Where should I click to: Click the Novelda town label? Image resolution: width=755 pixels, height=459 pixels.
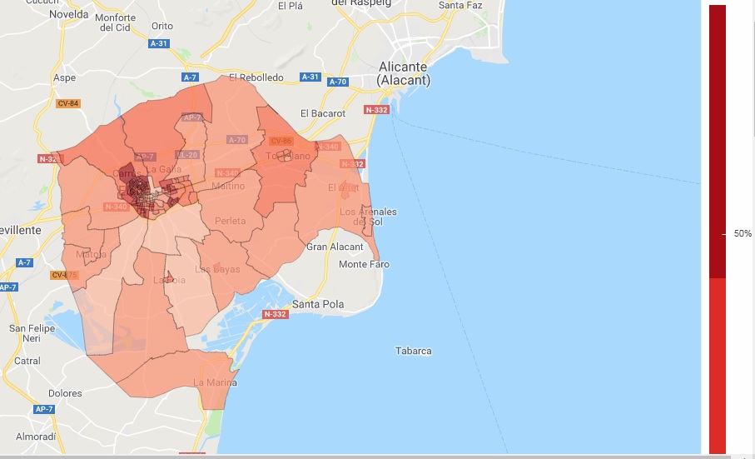click(69, 14)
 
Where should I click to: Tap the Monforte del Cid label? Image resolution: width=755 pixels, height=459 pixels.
click(116, 22)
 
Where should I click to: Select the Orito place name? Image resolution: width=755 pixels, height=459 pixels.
click(162, 26)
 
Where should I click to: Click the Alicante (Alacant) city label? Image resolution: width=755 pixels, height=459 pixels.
click(403, 73)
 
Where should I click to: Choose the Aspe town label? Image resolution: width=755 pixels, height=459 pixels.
click(64, 77)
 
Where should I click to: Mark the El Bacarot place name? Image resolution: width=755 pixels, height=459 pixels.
click(322, 113)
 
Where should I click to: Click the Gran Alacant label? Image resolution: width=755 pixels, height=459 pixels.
click(335, 247)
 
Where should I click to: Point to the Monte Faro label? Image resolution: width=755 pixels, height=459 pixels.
click(364, 264)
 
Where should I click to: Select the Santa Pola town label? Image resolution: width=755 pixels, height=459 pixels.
click(318, 304)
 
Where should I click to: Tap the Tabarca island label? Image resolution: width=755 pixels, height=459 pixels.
click(413, 351)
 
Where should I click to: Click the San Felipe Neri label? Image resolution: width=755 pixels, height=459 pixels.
click(32, 333)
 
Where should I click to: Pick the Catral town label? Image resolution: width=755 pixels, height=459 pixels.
click(27, 361)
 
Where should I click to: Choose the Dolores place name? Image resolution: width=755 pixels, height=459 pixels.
click(65, 393)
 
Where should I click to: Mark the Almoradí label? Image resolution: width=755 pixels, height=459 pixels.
click(36, 437)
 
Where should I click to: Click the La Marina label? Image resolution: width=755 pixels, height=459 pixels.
click(215, 382)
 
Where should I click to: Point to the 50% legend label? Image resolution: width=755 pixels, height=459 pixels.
click(743, 234)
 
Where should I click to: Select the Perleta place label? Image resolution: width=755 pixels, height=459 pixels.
click(230, 221)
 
